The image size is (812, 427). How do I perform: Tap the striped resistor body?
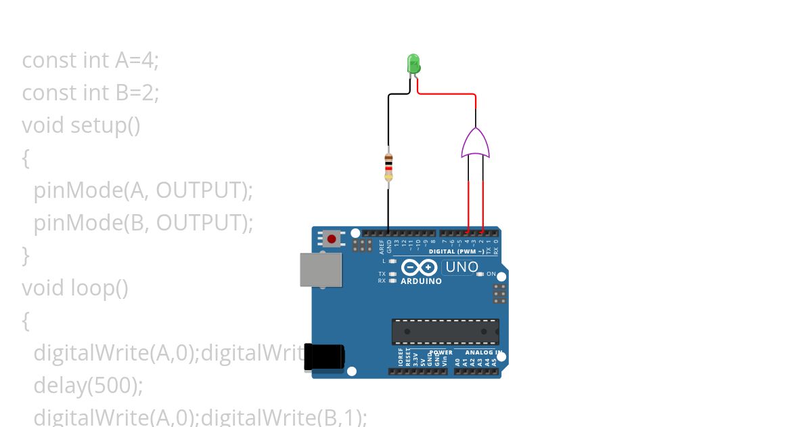click(388, 165)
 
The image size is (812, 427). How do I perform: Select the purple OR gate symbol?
click(476, 144)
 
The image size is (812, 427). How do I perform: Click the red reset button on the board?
click(332, 239)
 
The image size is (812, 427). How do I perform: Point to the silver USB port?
click(321, 269)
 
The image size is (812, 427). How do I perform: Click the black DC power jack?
click(323, 357)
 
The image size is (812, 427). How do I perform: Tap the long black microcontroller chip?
click(445, 331)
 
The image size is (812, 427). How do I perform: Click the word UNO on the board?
click(462, 267)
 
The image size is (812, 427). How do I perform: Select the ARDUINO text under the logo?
click(421, 281)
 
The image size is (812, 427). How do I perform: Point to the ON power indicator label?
click(491, 274)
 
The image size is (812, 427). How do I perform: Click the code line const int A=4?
click(91, 60)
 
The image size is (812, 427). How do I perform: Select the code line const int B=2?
click(91, 92)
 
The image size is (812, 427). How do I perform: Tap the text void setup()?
click(81, 125)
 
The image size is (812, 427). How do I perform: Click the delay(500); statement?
click(88, 385)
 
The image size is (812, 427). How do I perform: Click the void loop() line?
click(75, 287)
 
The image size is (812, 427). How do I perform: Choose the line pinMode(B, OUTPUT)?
click(143, 222)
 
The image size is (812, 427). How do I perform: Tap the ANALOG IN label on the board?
click(482, 352)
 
